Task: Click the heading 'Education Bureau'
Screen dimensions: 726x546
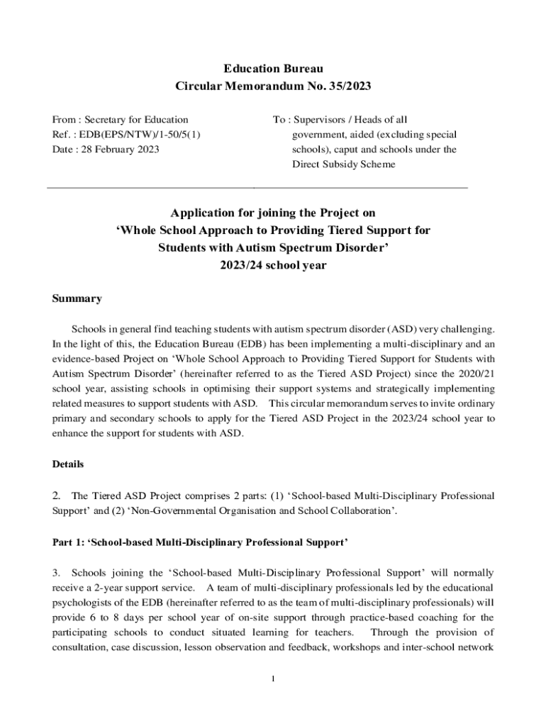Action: (x=273, y=69)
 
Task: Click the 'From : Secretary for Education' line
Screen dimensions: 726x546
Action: (x=121, y=120)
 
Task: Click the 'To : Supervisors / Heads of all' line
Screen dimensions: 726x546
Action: (x=340, y=120)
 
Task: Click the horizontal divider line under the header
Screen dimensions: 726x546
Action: (x=257, y=188)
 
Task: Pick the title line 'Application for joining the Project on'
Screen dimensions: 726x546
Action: (x=273, y=213)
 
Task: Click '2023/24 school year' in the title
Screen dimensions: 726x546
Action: (x=273, y=265)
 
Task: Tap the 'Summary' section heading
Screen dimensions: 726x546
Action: (x=77, y=298)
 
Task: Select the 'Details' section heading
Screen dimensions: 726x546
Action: (x=68, y=464)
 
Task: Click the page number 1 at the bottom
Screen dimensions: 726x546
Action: (x=273, y=678)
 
